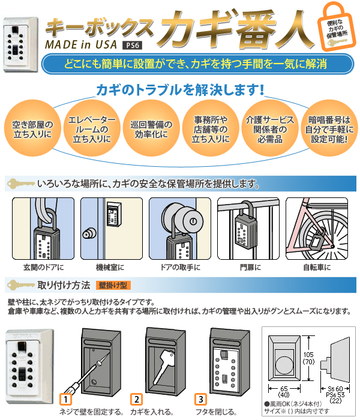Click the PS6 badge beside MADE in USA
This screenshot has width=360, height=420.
[x=133, y=46]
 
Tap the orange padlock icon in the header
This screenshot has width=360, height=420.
[x=336, y=28]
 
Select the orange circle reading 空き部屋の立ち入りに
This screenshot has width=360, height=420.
[x=32, y=128]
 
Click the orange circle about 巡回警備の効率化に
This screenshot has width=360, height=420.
[x=151, y=128]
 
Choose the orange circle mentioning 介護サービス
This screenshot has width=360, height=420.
[x=270, y=128]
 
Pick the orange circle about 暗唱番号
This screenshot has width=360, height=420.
[x=329, y=128]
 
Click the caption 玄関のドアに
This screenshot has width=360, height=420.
[x=44, y=268]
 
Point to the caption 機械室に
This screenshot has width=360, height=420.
[x=110, y=268]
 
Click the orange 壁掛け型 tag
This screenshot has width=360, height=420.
[x=113, y=285]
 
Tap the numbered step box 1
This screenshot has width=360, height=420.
[x=65, y=400]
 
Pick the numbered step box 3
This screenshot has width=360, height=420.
[x=200, y=400]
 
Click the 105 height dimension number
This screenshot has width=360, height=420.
[x=308, y=355]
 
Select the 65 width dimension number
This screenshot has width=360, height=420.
[x=284, y=388]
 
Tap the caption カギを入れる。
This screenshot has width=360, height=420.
[x=152, y=412]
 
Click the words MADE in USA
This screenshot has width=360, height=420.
[x=81, y=44]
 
